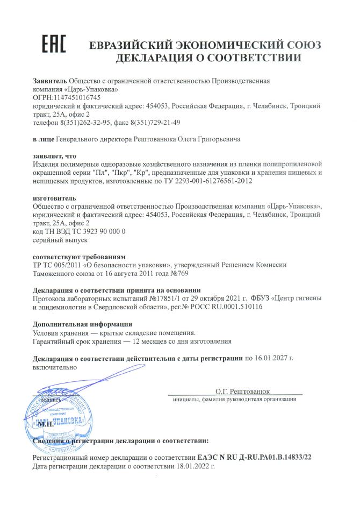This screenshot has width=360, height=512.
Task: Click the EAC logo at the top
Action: click(x=54, y=45)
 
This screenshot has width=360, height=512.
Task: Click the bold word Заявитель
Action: click(x=49, y=80)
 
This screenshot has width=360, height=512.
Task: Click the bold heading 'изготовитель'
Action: click(x=55, y=197)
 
